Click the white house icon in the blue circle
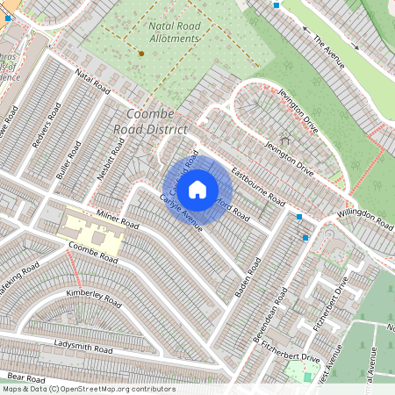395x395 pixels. [x=197, y=188]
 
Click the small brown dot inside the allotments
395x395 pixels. [x=141, y=54]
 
